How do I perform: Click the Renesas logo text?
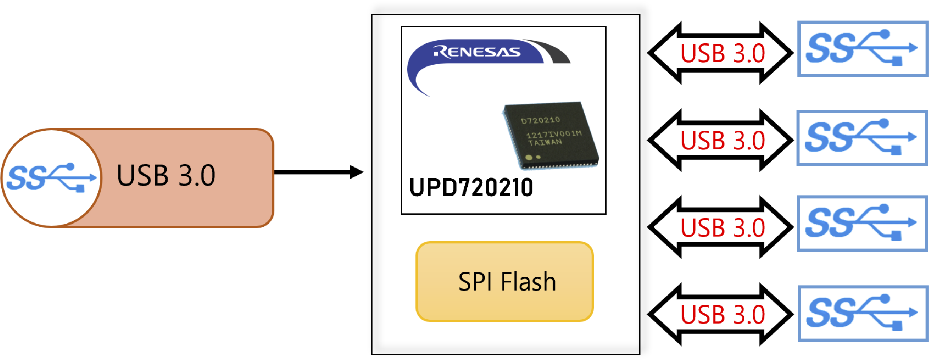477,52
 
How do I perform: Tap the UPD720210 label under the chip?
471,188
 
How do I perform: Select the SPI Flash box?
505,282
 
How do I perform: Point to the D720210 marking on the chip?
540,120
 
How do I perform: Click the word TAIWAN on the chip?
545,142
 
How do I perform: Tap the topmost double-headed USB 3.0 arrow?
722,53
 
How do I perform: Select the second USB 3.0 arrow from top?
722,141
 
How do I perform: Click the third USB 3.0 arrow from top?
722,228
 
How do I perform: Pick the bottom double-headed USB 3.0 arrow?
722,315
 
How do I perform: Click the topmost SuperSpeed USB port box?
863,49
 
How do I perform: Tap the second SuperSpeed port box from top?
862,138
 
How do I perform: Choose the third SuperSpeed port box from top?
862,224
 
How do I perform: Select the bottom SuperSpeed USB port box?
863,314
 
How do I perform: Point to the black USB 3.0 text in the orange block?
166,175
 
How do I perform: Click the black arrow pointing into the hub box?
317,172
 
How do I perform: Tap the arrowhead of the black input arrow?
357,172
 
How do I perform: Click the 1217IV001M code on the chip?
553,134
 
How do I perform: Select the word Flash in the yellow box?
528,282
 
